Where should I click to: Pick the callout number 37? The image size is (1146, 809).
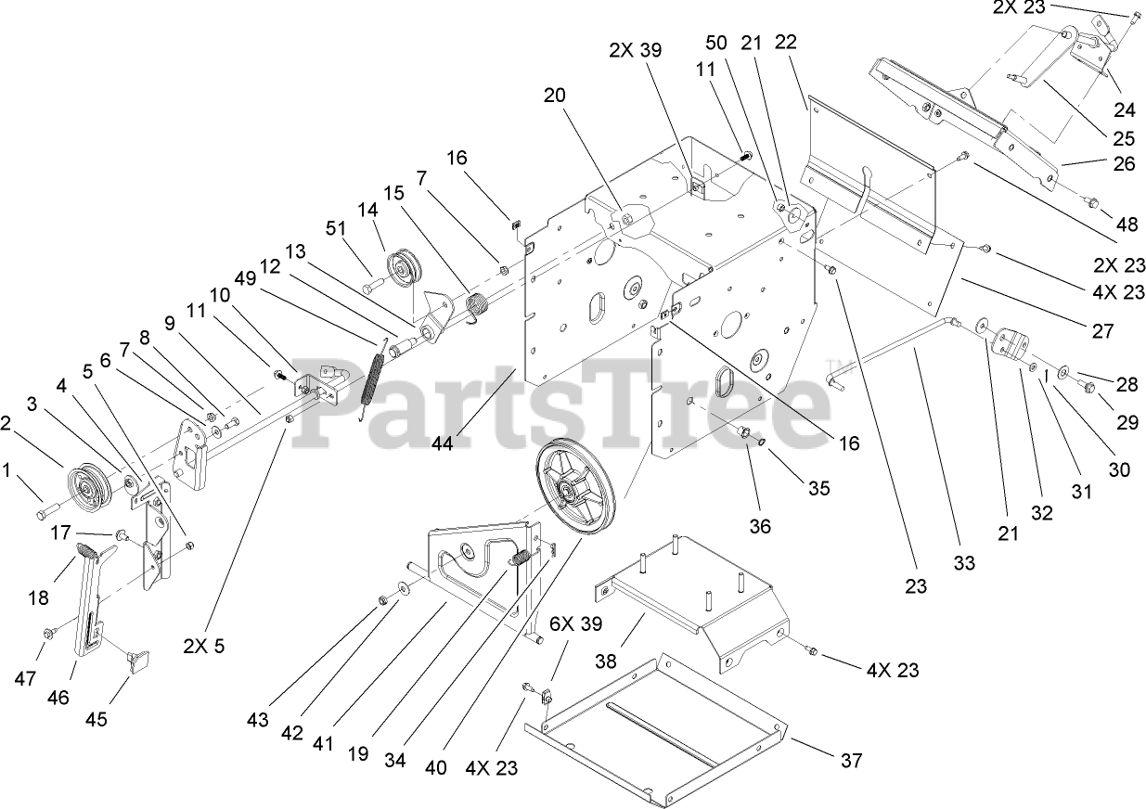(x=851, y=762)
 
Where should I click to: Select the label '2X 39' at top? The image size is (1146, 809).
(x=636, y=51)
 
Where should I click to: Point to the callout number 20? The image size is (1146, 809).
(x=555, y=95)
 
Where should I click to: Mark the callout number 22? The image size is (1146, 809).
(x=784, y=43)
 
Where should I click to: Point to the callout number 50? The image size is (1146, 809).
(x=716, y=43)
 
